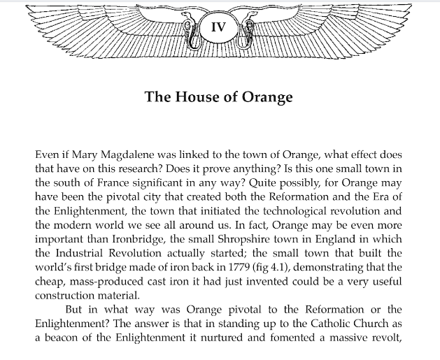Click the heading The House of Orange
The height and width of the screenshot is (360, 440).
click(218, 96)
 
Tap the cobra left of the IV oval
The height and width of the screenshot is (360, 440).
click(190, 30)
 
